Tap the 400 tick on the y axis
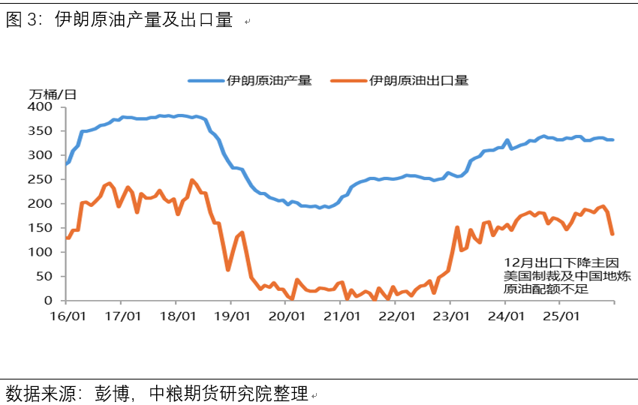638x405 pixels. click(x=42, y=107)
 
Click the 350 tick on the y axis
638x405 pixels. click(x=42, y=131)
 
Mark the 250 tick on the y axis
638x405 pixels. click(x=42, y=180)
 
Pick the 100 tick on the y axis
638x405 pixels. click(x=42, y=252)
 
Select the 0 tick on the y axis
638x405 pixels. click(x=49, y=301)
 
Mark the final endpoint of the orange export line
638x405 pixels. click(x=612, y=234)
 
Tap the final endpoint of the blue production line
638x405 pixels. click(x=612, y=139)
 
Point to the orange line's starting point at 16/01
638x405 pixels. click(x=67, y=238)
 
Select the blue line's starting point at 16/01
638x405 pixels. click(x=67, y=163)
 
